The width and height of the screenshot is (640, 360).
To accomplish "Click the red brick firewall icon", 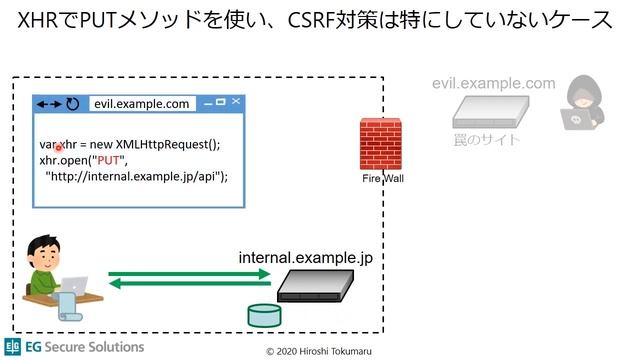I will [x=380, y=144].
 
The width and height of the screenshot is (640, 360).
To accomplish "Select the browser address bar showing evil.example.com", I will [x=141, y=103].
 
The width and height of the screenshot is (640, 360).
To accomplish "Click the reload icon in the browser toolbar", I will [x=73, y=103].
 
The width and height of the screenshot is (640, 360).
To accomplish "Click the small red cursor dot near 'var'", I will [x=59, y=147].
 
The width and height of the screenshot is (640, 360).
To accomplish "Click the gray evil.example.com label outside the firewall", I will [x=493, y=84].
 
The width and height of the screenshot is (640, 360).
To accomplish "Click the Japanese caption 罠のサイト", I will [x=487, y=139].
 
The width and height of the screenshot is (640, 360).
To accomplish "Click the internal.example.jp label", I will [x=305, y=257].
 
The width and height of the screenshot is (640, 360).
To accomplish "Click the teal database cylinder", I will [x=263, y=317].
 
